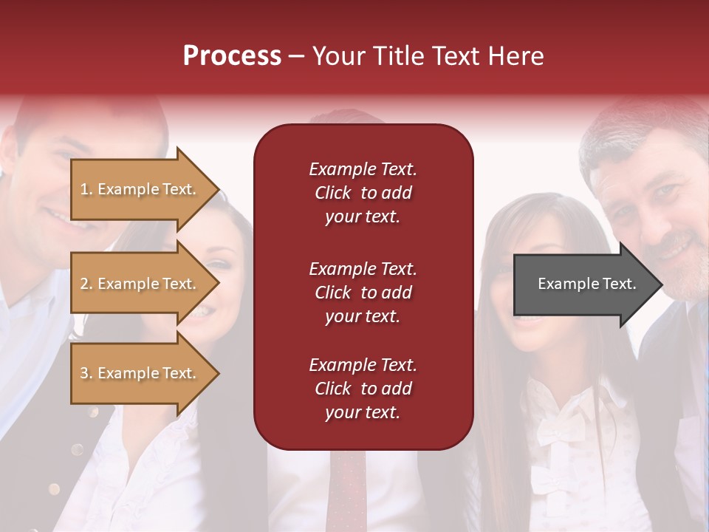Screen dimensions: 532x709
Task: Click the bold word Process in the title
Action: [232, 56]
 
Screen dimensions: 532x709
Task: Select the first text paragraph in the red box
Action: [363, 193]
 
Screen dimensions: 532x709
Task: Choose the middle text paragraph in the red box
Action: [363, 293]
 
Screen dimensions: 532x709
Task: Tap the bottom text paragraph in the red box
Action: [363, 389]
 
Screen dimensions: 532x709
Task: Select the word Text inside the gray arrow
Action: [619, 284]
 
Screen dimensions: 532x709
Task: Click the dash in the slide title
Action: [296, 56]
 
